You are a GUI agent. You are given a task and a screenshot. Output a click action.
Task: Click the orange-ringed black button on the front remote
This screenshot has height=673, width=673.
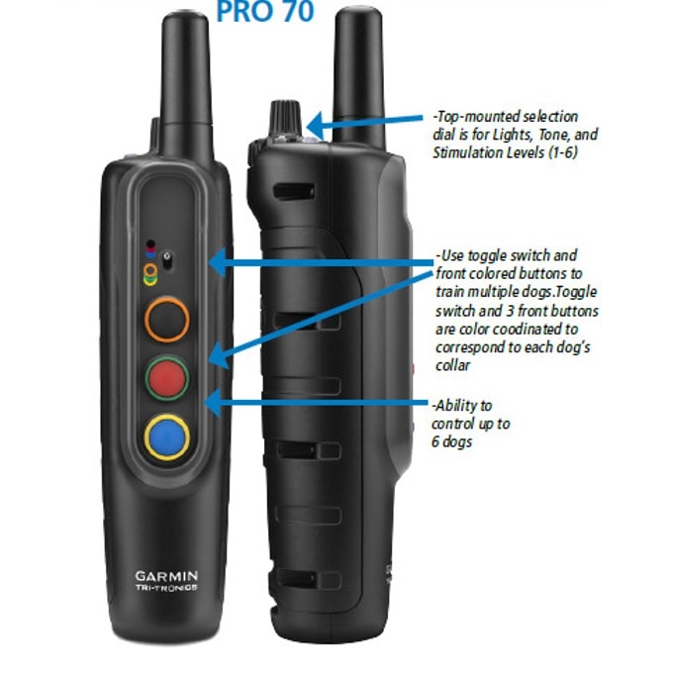167,320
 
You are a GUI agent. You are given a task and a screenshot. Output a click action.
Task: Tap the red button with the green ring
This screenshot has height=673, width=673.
167,378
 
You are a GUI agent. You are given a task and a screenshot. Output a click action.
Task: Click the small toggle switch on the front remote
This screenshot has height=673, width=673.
167,260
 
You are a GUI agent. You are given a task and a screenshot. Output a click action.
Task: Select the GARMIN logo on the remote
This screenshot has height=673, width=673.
166,576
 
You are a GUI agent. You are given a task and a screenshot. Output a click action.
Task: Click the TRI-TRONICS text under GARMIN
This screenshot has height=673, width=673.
166,588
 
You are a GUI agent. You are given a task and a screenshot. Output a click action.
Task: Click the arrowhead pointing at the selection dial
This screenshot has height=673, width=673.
316,125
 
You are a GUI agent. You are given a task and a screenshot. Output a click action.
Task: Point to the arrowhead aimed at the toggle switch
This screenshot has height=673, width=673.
217,262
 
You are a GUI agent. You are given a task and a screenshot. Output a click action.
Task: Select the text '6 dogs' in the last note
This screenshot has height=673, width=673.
451,441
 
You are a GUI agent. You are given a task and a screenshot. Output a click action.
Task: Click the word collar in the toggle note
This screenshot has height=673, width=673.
453,365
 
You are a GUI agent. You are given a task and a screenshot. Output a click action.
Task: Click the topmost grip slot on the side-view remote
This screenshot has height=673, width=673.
294,191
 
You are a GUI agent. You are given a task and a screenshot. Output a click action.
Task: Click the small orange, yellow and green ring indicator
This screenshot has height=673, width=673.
150,275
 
